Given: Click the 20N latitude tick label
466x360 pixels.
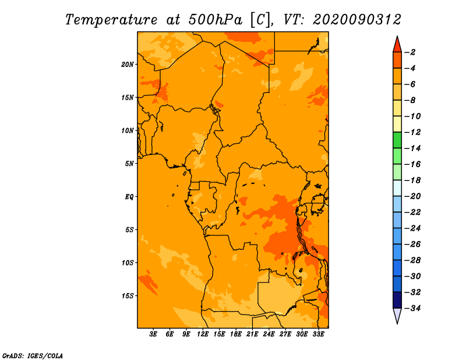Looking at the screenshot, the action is click(x=128, y=65).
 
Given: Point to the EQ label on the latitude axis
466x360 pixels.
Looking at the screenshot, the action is click(x=129, y=197).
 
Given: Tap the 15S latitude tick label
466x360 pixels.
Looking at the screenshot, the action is click(x=128, y=296).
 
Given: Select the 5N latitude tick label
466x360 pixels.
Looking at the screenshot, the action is click(x=129, y=164).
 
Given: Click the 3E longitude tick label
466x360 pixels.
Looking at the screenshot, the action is click(x=153, y=334).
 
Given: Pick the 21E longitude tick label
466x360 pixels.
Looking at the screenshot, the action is click(x=252, y=334).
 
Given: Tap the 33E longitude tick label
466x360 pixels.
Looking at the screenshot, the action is click(x=318, y=334).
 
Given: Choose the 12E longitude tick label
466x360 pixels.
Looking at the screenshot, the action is click(x=203, y=334).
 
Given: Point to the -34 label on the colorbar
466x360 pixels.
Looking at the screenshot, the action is click(x=412, y=308).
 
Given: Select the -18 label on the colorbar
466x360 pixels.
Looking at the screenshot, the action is click(x=412, y=180).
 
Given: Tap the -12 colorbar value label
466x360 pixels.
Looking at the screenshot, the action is click(x=412, y=132).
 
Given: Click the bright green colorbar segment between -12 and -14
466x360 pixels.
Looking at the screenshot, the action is click(x=397, y=140).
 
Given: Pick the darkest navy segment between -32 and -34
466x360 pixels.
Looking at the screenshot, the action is click(x=397, y=300).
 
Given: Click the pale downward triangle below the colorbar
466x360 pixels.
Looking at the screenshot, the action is click(x=397, y=315).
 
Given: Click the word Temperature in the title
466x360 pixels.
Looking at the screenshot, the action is click(x=111, y=20).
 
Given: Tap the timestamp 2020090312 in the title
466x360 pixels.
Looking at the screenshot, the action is click(x=357, y=20).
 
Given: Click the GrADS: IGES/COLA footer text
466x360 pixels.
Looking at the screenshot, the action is click(x=33, y=356).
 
